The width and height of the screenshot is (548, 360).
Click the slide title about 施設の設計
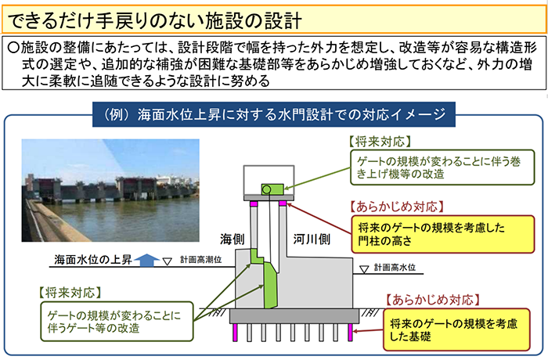153,17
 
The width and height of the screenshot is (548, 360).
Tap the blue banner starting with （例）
274,115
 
